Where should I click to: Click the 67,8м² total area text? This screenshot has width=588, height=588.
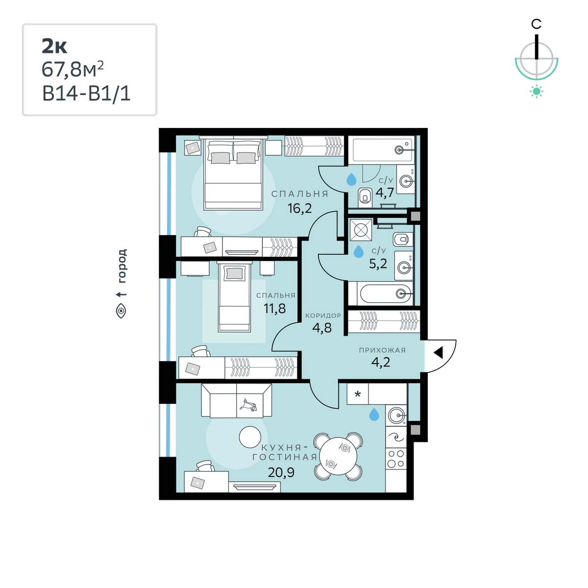73,69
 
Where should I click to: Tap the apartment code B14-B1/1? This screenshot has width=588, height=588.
86,94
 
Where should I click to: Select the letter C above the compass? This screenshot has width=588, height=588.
536,24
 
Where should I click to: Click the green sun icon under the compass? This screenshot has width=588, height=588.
537,92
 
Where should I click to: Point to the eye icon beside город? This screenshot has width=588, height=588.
121,311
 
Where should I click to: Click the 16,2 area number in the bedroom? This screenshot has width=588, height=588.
300,208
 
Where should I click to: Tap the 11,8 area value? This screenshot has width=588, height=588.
274,308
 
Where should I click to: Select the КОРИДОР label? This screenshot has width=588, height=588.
323,316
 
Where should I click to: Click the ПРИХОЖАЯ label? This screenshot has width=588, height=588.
382,350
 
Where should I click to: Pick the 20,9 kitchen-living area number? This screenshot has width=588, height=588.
281,473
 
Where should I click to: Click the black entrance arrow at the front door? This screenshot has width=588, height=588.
438,353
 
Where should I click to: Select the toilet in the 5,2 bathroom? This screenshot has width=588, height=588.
403,239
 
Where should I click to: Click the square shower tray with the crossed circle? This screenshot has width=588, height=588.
361,230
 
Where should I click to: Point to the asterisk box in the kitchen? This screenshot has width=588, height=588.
358,394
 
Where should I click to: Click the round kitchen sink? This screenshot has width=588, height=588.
396,415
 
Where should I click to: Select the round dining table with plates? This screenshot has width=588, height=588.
339,456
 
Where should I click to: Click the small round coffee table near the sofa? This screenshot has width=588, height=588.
250,437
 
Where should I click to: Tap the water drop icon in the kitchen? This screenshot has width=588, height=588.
374,415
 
